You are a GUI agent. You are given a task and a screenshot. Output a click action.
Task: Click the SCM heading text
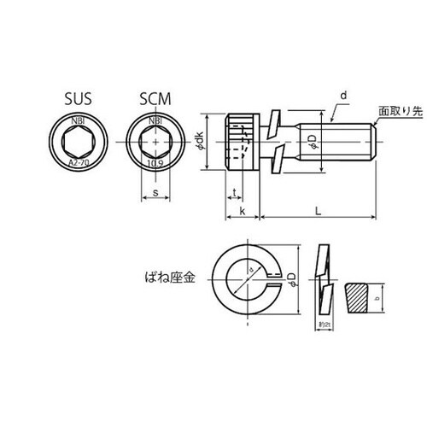[x=154, y=99]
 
